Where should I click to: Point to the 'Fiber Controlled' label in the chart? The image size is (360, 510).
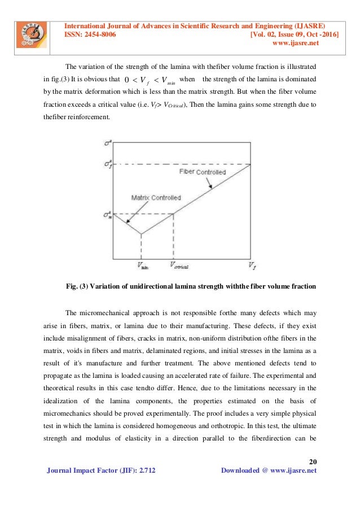pos(202,172)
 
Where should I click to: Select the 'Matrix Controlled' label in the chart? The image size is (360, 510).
pos(156,198)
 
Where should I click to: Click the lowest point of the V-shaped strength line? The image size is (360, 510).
pos(141,234)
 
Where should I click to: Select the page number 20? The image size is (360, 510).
pos(314,459)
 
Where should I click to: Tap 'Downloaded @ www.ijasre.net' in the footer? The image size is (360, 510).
pos(269,470)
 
